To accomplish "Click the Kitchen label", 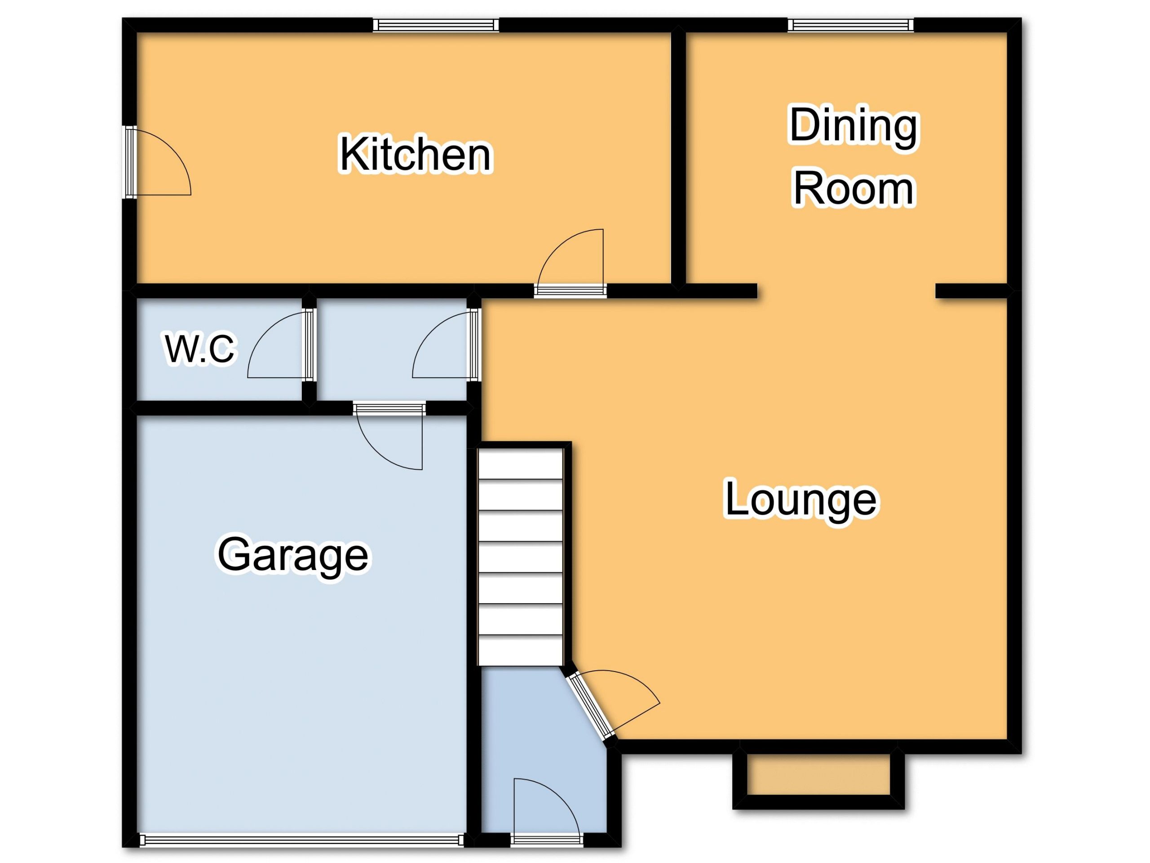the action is [x=415, y=155].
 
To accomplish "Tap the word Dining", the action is [x=854, y=126].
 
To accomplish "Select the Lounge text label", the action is [x=801, y=500].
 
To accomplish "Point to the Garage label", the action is [x=293, y=556].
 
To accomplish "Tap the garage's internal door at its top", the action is [x=389, y=436].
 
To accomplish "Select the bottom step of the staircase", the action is [x=520, y=649].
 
